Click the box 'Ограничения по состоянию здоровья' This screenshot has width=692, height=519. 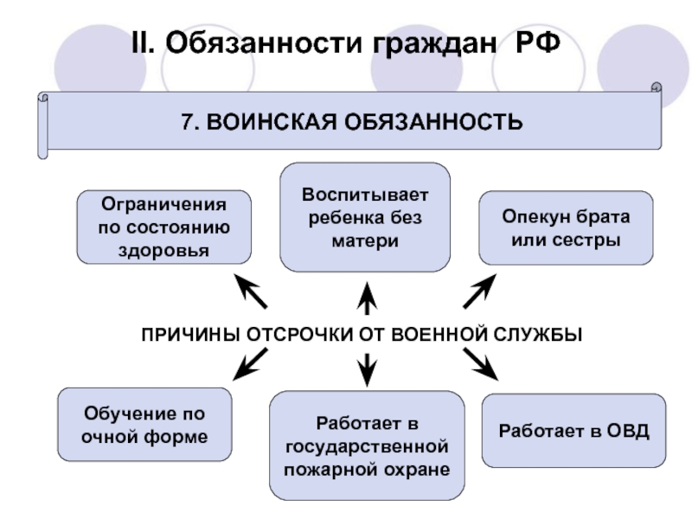164,227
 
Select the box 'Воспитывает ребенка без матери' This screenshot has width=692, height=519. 365,217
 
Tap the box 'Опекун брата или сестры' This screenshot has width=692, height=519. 566,227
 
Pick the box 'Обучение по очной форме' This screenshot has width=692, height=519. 144,424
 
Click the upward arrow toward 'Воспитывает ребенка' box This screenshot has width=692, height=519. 367,297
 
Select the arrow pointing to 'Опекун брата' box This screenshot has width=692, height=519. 480,292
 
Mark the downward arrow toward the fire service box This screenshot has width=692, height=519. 367,368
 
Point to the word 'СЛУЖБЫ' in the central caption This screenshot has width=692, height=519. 542,334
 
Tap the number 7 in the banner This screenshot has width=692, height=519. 186,120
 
